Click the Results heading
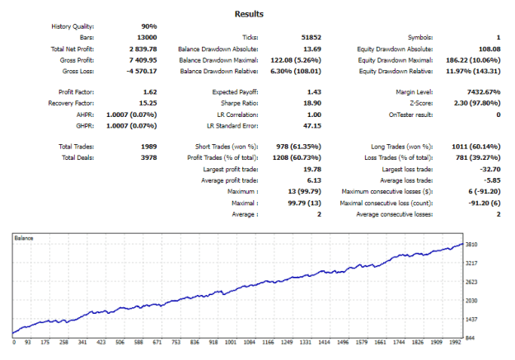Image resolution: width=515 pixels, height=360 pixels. coord(249,14)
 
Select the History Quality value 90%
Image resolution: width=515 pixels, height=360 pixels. coord(149,26)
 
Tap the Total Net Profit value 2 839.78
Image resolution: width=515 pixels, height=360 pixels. coord(143,49)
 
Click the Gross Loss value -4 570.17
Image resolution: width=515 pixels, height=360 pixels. coord(142,71)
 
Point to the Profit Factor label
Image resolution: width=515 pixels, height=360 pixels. coord(76,92)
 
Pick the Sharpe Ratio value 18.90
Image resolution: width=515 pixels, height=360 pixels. coord(312,103)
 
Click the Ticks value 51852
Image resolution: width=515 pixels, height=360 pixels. coord(311,37)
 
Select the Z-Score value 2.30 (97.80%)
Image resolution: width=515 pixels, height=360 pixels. coord(477,103)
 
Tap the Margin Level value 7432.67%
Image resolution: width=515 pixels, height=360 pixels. coord(484,92)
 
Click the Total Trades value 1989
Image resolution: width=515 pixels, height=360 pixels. coord(149,147)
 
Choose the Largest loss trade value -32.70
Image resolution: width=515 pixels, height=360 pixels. coord(490,170)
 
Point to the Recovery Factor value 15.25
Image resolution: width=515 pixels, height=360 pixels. coord(148,103)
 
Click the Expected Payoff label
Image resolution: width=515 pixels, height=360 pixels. coord(235,92)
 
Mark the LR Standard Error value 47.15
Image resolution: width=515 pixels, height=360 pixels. coord(312,126)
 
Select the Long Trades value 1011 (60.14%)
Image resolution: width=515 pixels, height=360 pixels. coord(476,147)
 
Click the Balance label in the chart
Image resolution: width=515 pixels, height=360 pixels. coord(24,238)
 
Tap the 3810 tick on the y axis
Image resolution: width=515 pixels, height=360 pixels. coord(471,245)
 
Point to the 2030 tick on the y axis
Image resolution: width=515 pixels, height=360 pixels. coord(471,301)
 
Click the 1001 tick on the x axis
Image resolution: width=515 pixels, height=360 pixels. coord(231,342)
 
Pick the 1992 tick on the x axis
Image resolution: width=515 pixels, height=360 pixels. coord(455,342)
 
